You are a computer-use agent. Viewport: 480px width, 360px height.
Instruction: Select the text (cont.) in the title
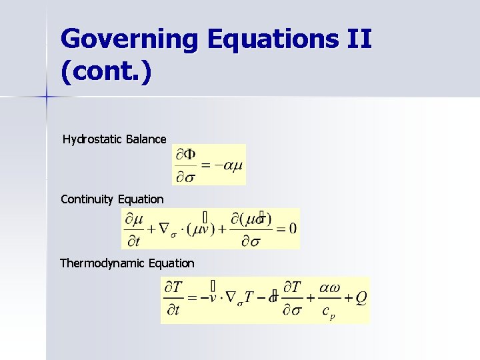106,71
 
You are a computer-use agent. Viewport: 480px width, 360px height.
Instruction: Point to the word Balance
146,139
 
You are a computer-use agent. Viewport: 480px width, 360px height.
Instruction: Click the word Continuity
87,199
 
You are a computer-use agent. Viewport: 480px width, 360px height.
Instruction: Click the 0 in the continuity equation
293,228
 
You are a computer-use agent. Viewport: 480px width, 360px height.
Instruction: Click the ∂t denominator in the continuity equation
136,240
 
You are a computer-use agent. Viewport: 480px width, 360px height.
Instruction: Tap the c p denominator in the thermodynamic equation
327,312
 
